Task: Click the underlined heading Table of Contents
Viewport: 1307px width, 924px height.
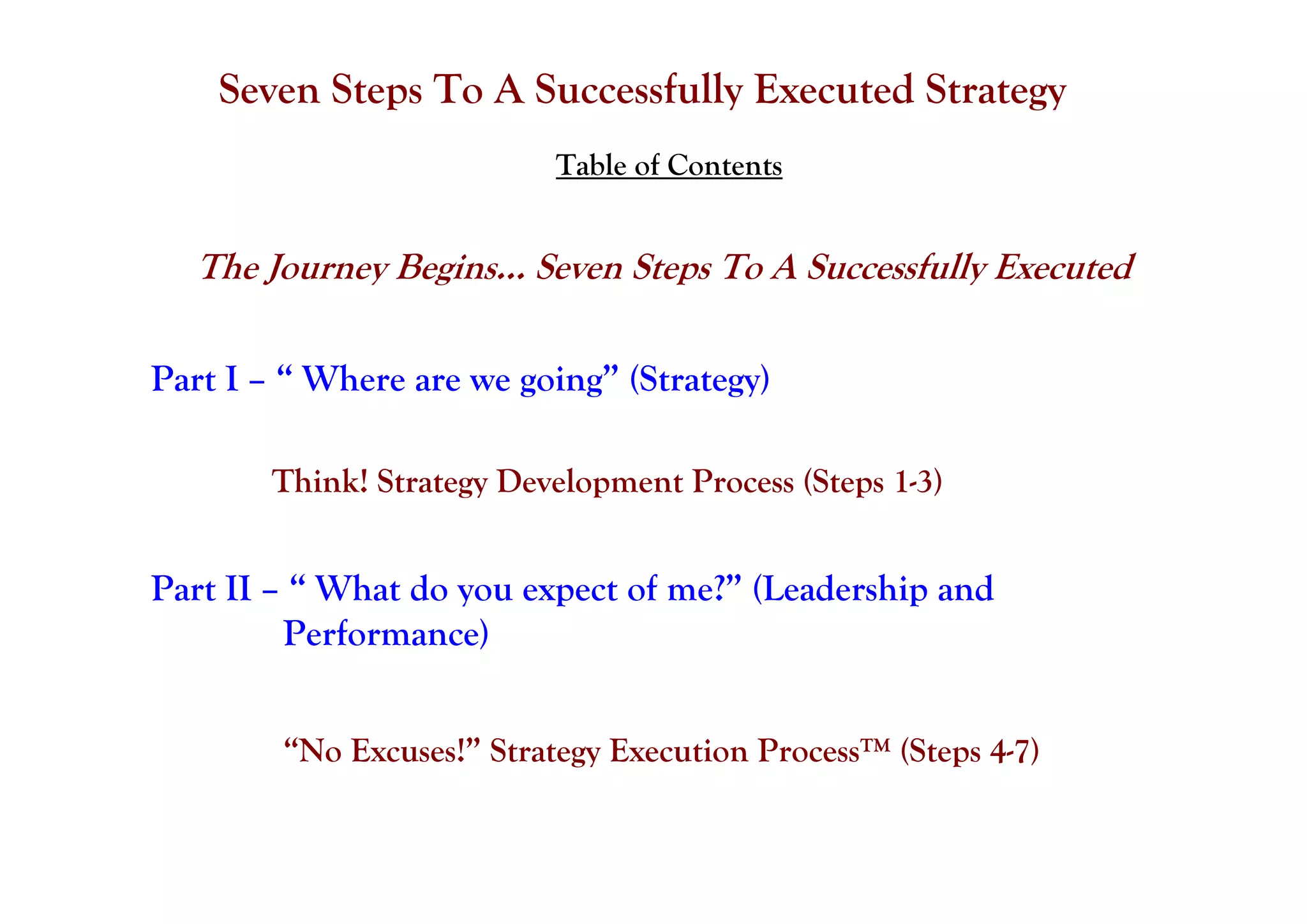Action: [x=668, y=166]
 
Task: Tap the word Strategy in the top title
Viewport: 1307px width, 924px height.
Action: [x=995, y=90]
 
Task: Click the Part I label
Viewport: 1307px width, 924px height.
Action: [x=194, y=379]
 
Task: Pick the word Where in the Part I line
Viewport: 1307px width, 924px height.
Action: [x=353, y=379]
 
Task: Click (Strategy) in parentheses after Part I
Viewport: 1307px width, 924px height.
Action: [x=699, y=380]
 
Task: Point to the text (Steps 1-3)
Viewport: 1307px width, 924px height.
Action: [x=872, y=481]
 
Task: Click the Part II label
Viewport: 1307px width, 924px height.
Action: [x=200, y=589]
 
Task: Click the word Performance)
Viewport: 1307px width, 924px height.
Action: [x=385, y=634]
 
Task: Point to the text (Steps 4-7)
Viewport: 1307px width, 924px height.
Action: [x=969, y=751]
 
